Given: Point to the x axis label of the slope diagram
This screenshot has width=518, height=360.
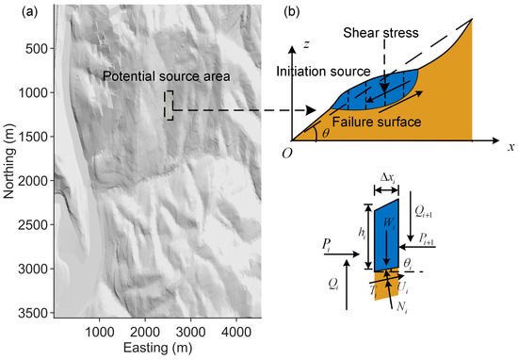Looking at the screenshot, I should click(x=508, y=147).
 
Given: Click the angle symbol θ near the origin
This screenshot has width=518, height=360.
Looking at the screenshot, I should click(x=325, y=134).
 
